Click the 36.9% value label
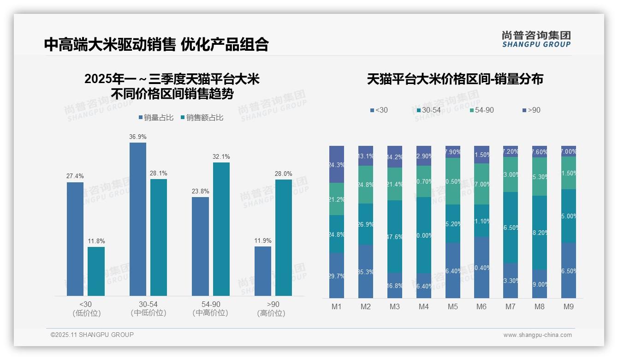138,137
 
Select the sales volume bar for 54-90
200,246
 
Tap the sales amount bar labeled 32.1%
221,228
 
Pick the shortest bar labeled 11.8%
96,271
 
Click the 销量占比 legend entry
156,118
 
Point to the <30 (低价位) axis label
86,309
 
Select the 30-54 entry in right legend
428,110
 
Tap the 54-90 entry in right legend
481,110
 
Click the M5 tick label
452,307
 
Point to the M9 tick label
568,307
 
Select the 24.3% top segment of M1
337,164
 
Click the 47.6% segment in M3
394,236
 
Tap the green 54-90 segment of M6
481,184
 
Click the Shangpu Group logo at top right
536,39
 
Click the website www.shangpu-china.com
537,335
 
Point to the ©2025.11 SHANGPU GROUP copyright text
92,335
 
